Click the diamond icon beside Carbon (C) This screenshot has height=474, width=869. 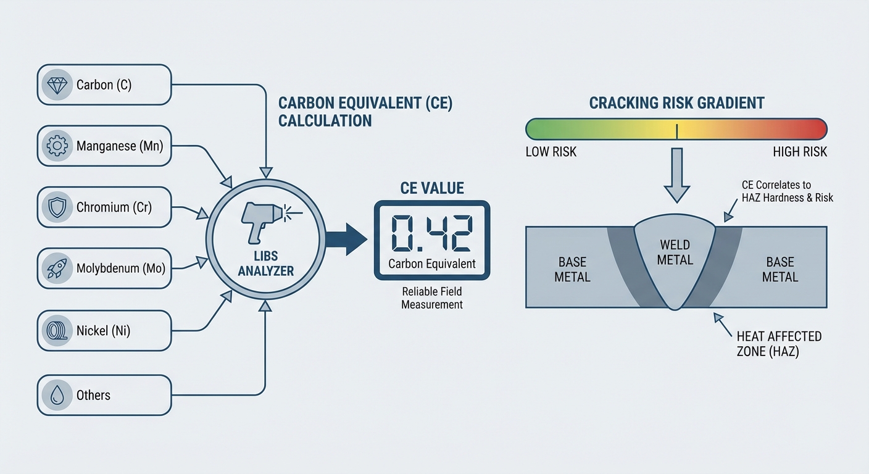[57, 85]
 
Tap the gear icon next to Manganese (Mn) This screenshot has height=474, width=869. [57, 146]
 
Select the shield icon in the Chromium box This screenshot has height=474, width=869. [57, 207]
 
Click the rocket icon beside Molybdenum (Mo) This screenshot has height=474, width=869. [57, 268]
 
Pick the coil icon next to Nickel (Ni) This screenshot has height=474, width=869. [57, 331]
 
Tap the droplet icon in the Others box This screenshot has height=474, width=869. [57, 395]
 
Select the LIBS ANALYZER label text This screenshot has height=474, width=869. [265, 264]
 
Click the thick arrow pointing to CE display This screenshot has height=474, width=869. [346, 239]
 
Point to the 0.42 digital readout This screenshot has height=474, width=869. [432, 233]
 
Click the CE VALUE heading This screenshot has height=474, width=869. [431, 188]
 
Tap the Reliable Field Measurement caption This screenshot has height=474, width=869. [432, 297]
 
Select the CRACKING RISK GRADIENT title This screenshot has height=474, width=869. [676, 102]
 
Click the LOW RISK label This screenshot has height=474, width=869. [551, 152]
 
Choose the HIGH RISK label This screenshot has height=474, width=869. [799, 152]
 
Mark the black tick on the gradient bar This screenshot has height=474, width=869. [677, 130]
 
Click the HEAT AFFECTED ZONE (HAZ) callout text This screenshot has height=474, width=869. [779, 343]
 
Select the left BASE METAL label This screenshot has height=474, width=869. [572, 269]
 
